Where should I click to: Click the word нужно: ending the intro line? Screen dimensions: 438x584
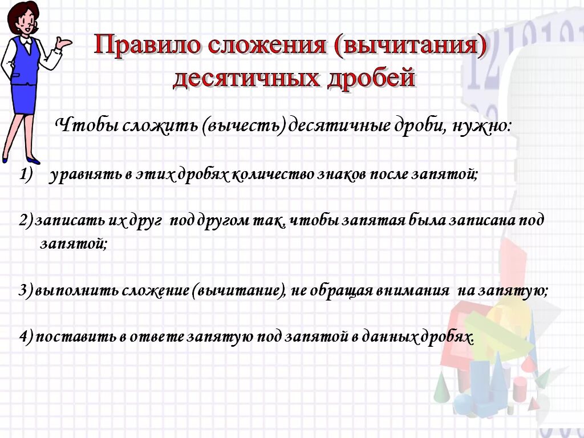coord(482,125)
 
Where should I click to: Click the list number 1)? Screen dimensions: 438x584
coord(27,176)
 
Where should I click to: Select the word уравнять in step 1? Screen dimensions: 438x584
coord(86,176)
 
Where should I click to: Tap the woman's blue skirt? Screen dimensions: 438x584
coord(23,99)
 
